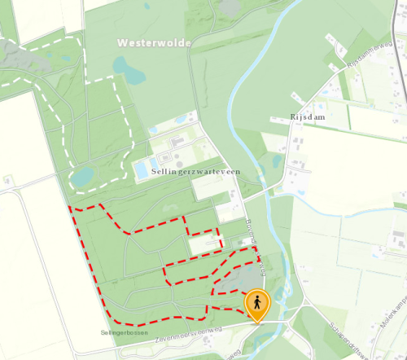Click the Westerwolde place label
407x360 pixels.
(154, 42)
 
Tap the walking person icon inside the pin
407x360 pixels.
(257, 302)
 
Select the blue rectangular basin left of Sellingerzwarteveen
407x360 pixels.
(141, 169)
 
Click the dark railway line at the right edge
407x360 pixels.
(403, 49)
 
